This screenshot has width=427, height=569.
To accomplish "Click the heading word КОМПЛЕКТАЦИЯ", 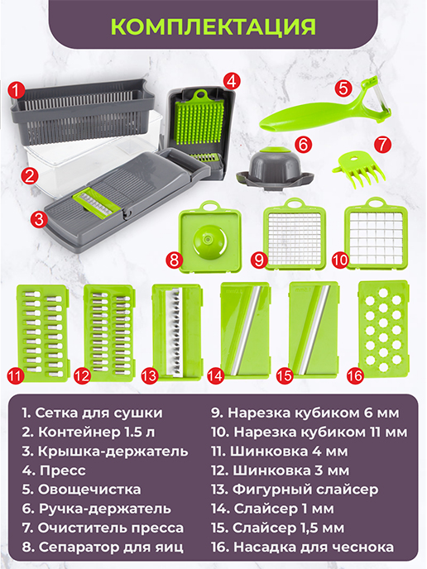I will click(x=213, y=26).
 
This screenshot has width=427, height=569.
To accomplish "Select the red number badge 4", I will click(x=233, y=81).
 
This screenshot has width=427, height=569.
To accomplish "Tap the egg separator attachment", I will click(x=208, y=236).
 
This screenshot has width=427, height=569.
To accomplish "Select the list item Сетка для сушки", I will click(x=93, y=412).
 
